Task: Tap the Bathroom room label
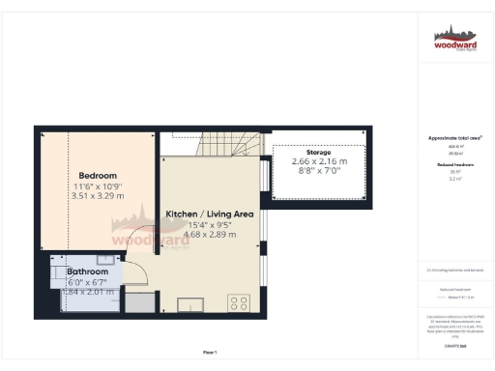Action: click(x=86, y=271)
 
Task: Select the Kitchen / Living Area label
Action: click(x=209, y=213)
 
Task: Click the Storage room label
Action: click(x=318, y=153)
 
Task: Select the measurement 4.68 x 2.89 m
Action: click(x=209, y=233)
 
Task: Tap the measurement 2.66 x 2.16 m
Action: click(x=318, y=162)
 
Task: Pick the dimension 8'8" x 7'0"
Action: click(x=318, y=172)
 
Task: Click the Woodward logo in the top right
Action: click(x=454, y=40)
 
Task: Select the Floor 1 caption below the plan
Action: click(x=209, y=352)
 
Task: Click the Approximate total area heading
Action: click(x=454, y=138)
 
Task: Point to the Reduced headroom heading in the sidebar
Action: click(x=454, y=165)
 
